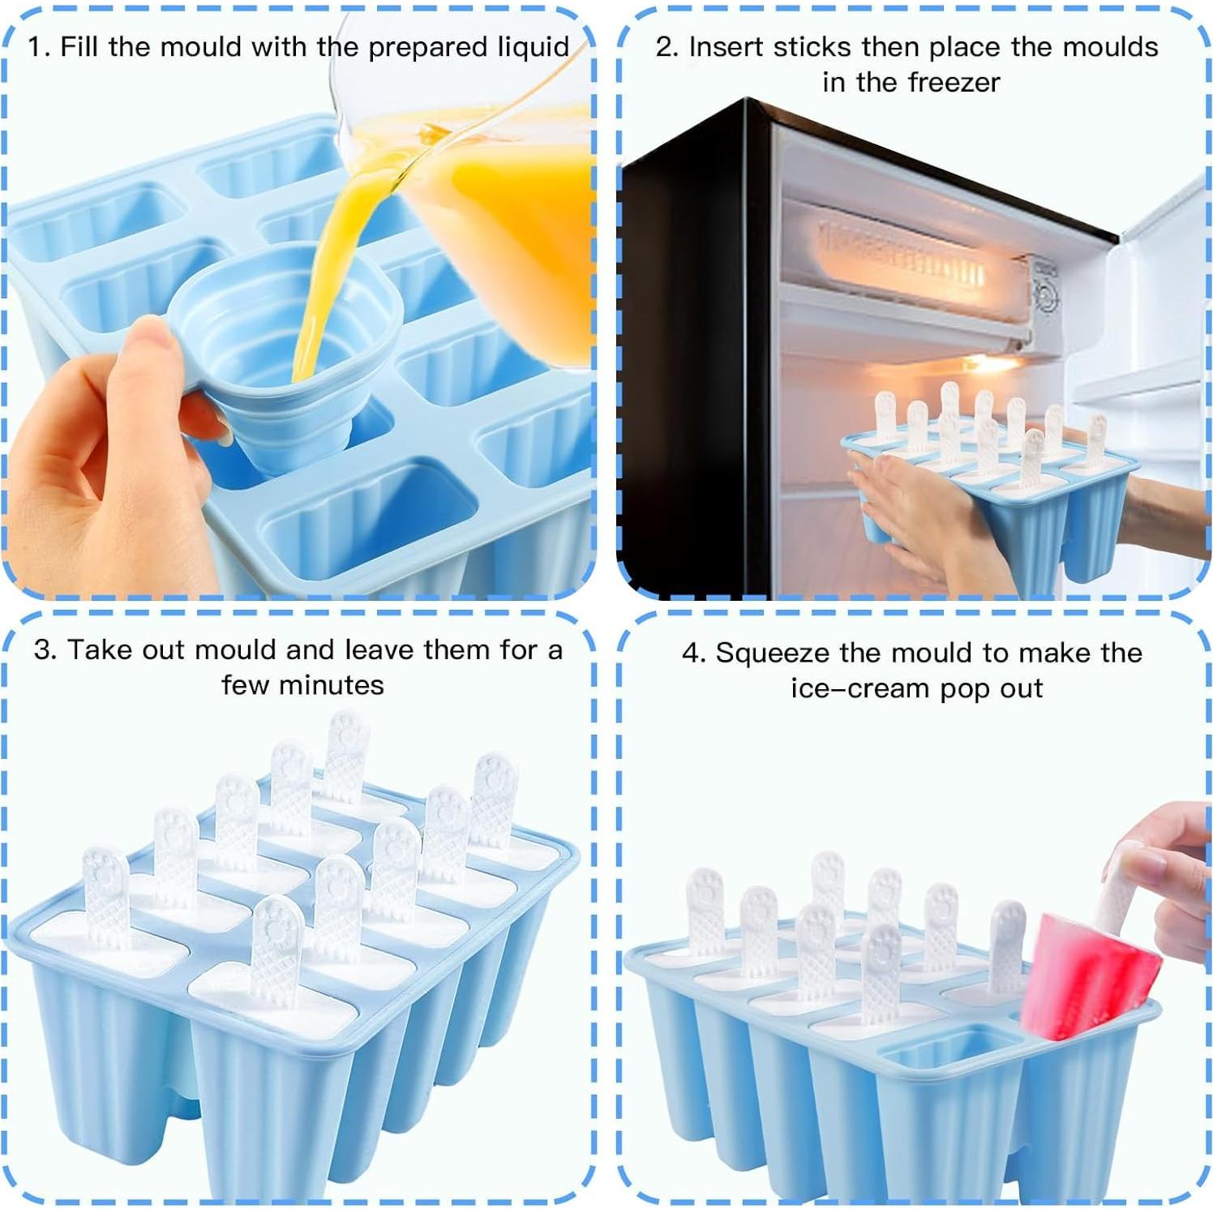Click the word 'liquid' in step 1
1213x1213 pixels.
pyautogui.click(x=533, y=47)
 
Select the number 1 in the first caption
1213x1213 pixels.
pyautogui.click(x=36, y=47)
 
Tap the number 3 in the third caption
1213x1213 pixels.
pyautogui.click(x=44, y=650)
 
